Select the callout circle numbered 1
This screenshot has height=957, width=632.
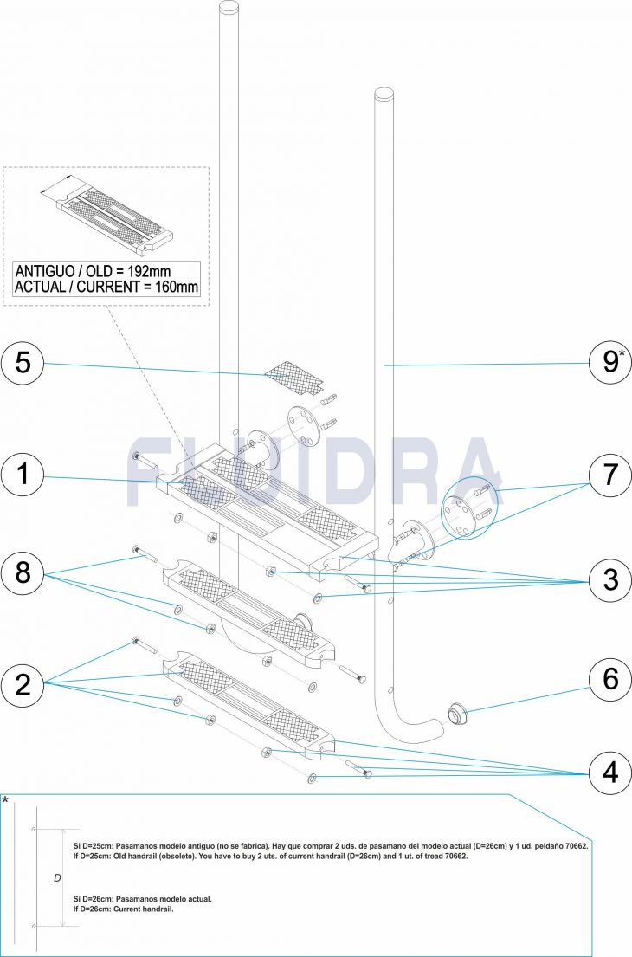click(23, 475)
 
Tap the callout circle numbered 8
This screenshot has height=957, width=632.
click(23, 573)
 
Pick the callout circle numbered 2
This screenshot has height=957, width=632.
click(23, 684)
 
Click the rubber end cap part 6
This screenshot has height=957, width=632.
click(457, 715)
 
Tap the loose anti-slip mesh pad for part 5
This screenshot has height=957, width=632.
click(292, 373)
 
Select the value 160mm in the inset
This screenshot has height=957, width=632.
click(171, 287)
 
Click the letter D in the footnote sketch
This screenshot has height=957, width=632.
click(57, 877)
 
